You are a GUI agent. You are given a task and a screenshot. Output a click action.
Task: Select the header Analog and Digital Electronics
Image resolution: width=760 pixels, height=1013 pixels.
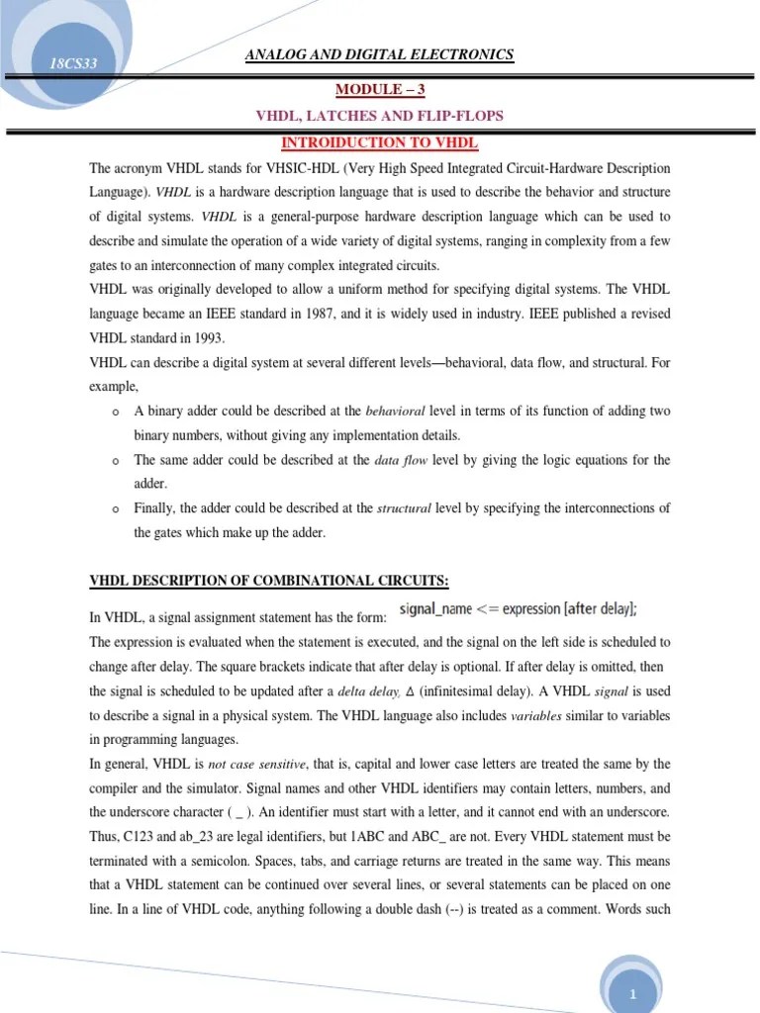(x=379, y=54)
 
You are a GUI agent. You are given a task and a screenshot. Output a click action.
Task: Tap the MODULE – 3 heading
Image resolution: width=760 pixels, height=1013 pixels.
(x=379, y=89)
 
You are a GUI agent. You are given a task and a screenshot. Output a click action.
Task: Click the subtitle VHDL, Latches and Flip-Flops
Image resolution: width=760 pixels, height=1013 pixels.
(x=379, y=116)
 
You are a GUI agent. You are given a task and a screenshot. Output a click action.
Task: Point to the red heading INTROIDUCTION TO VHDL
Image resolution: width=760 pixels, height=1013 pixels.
(x=379, y=142)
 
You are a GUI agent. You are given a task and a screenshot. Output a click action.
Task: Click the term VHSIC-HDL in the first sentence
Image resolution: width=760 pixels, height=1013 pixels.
(x=290, y=169)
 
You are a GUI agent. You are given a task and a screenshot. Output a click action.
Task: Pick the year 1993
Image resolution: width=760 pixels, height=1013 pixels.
(x=206, y=338)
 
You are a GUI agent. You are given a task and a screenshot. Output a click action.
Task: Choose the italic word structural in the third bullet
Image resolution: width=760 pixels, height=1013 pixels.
(x=404, y=508)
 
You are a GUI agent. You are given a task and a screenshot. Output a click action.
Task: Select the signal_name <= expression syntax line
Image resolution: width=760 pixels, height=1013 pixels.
(x=518, y=609)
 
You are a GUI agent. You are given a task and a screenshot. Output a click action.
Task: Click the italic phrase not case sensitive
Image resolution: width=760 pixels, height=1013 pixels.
(x=253, y=765)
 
